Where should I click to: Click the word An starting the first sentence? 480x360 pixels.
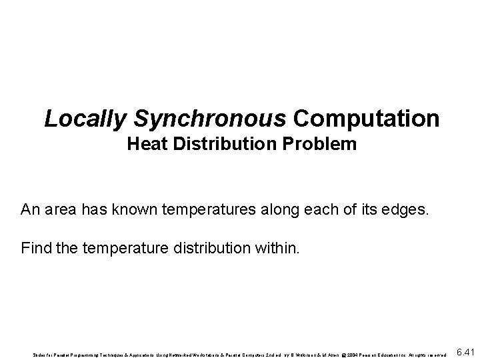(30, 211)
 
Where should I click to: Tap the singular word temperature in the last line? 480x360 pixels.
(114, 251)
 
